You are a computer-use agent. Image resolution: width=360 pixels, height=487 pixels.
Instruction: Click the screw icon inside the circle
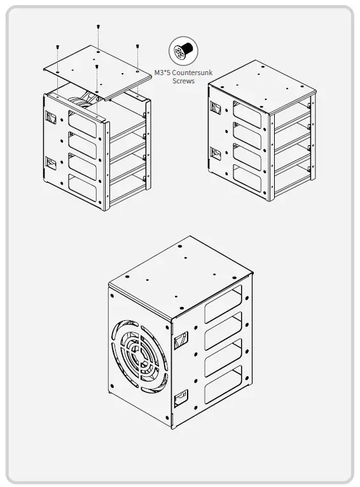pos(183,50)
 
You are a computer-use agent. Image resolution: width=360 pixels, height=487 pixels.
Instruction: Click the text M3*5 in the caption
pos(163,74)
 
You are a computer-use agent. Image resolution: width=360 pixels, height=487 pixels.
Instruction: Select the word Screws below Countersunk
pos(183,81)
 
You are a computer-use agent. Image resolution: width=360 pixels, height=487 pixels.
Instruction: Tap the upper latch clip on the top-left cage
pos(51,117)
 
